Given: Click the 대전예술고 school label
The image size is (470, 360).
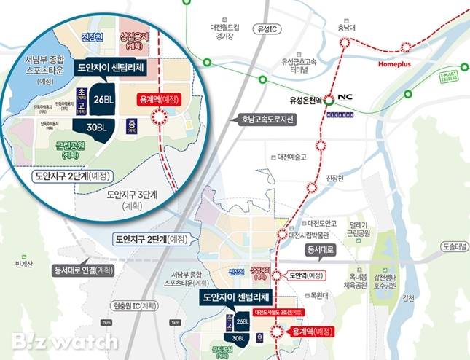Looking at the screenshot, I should coord(291,157).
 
